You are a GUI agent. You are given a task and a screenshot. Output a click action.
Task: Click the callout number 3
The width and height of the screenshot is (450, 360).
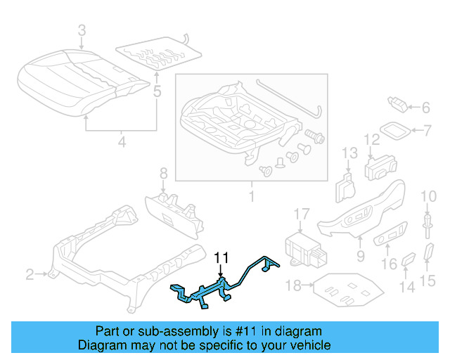pyautogui.click(x=82, y=31)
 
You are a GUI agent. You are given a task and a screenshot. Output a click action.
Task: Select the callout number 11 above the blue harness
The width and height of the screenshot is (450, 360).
pyautogui.click(x=221, y=257)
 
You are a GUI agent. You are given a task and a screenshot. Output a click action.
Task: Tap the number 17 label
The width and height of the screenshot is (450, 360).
pyautogui.click(x=301, y=213)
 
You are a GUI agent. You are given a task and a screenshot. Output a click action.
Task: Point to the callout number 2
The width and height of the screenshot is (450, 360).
pyautogui.click(x=30, y=274)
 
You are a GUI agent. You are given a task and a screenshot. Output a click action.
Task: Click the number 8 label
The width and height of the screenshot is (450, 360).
pyautogui.click(x=163, y=172)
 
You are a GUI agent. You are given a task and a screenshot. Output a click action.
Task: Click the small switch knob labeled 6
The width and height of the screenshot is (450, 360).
pyautogui.click(x=398, y=105)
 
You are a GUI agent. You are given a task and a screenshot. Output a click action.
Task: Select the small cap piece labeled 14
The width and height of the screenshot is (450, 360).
pyautogui.click(x=409, y=262)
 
